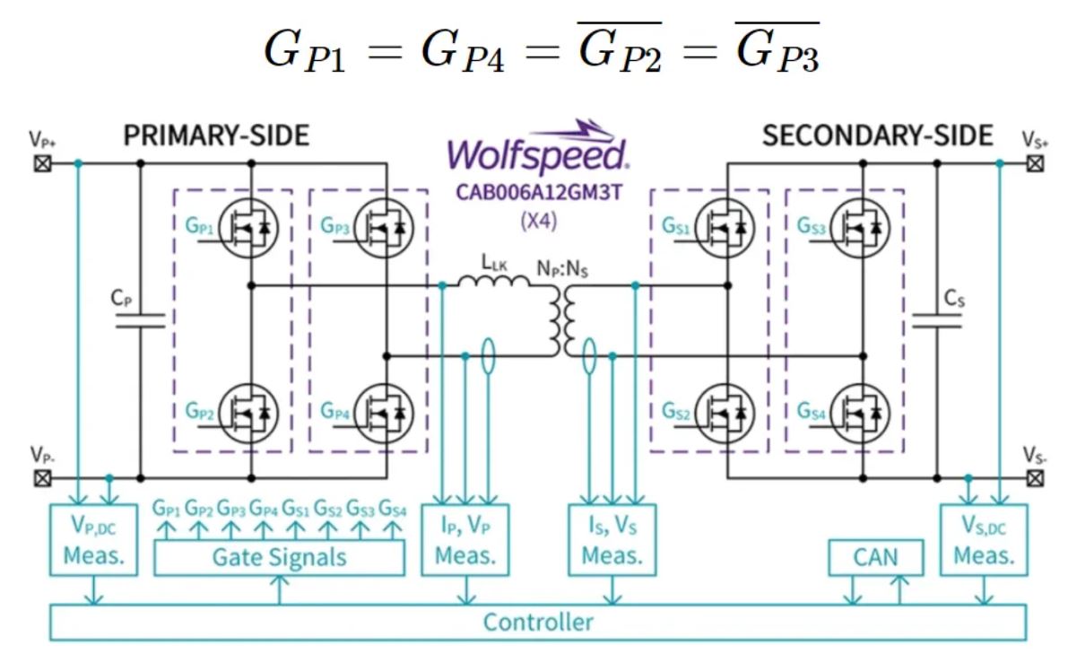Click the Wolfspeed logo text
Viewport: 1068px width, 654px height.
coord(536,154)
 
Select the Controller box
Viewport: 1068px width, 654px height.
coord(537,622)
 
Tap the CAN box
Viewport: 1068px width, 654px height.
coord(875,557)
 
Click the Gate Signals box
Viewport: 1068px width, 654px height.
coord(279,557)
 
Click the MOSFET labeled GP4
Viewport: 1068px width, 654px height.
coord(386,414)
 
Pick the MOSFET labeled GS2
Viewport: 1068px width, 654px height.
coord(727,414)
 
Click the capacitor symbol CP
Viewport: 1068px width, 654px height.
coord(141,320)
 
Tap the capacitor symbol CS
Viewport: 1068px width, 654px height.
coord(936,320)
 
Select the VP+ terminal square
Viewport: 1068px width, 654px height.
coord(41,163)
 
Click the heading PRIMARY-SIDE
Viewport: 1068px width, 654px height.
coord(216,135)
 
